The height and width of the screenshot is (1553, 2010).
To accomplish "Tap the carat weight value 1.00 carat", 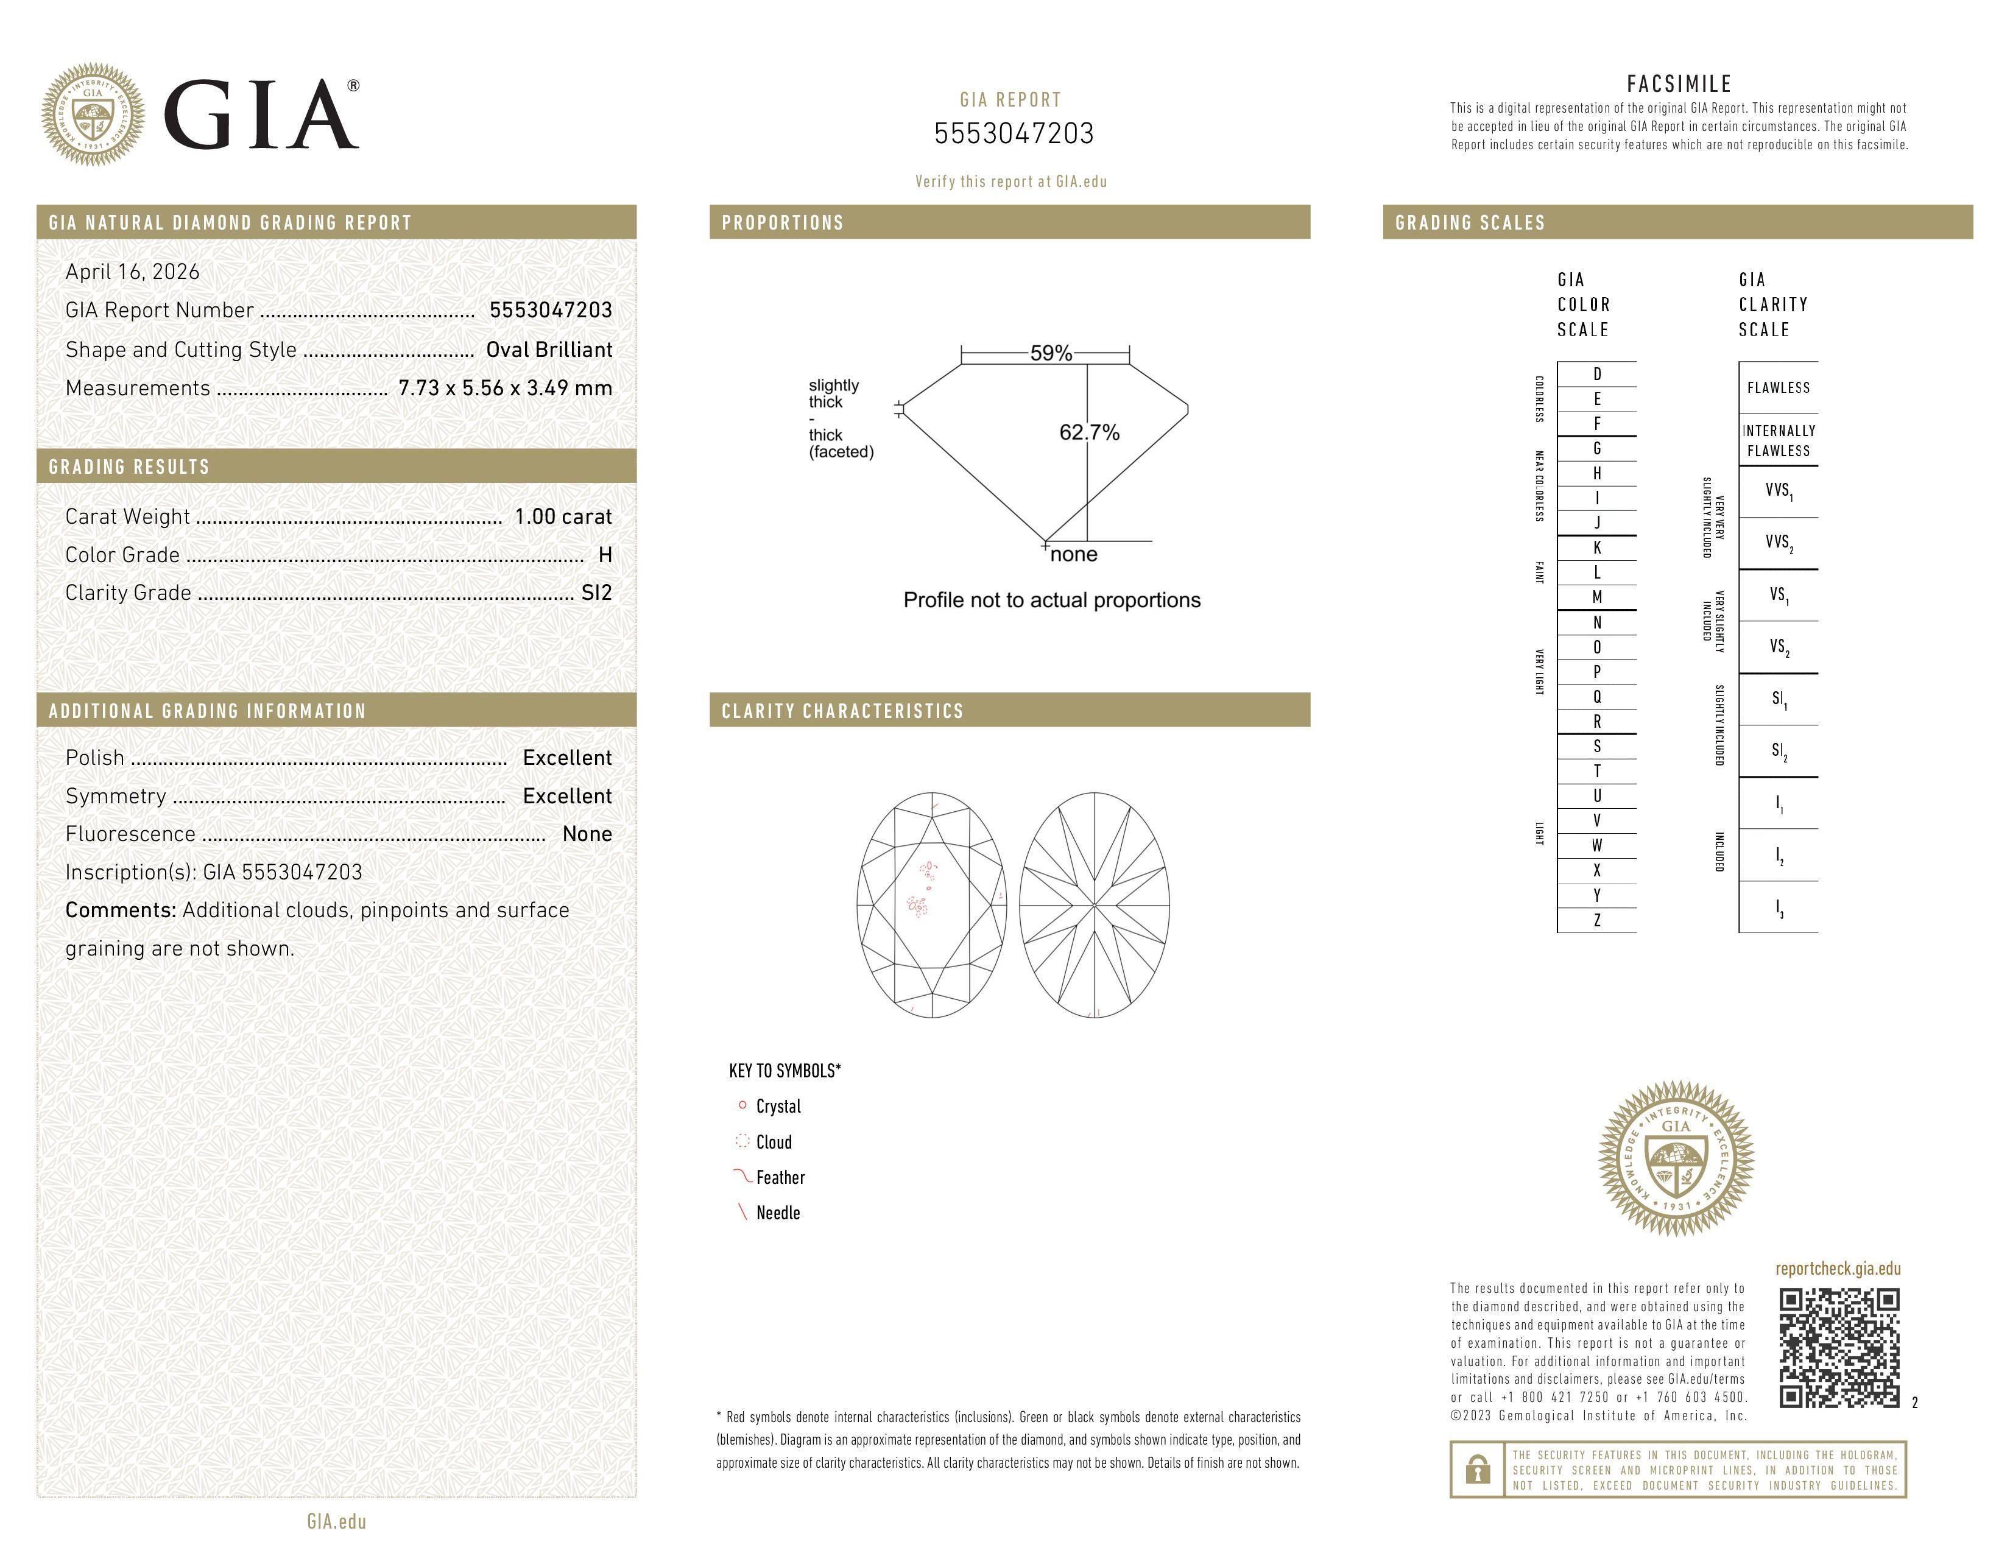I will (562, 516).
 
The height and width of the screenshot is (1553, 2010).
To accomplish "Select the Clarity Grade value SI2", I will (596, 593).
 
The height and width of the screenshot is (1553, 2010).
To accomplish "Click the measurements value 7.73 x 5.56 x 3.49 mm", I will (504, 389).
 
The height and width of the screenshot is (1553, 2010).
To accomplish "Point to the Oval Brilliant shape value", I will (549, 350).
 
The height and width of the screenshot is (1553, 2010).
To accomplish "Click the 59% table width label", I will (1050, 353).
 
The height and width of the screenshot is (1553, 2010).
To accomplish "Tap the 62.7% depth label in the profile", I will (1089, 432).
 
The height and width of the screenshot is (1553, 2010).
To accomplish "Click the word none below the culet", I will (1073, 554).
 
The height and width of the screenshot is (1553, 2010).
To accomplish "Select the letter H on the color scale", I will (1597, 473).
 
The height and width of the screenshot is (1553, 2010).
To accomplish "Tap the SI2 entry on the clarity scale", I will (1778, 751).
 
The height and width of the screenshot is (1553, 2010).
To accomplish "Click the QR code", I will (1838, 1348).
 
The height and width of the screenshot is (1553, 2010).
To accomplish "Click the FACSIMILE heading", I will (1679, 83).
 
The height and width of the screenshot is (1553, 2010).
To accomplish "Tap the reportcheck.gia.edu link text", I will (1838, 1269).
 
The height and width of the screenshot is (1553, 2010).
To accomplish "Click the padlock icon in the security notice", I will (1477, 1470).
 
